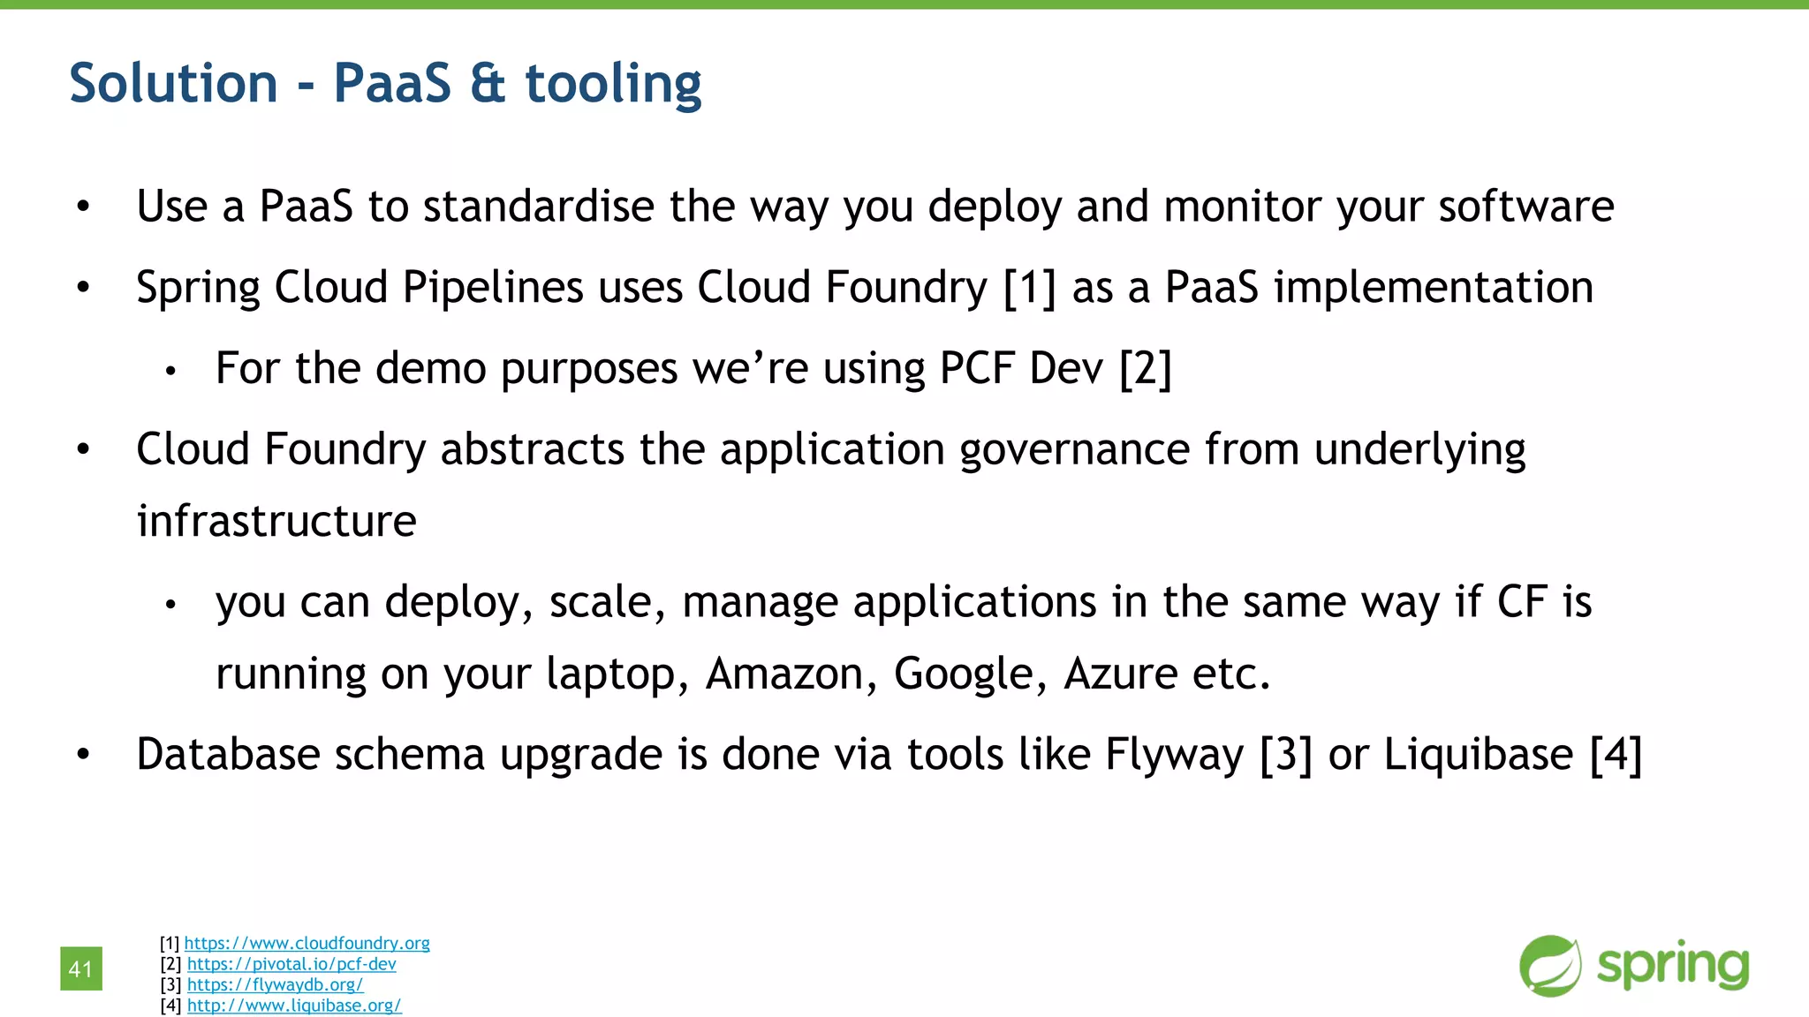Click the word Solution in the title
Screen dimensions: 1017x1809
tap(173, 83)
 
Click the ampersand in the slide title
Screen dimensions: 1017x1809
tap(488, 83)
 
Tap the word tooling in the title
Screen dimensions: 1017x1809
tap(613, 85)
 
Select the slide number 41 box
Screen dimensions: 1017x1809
tap(81, 968)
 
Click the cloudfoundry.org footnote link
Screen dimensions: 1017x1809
tap(307, 943)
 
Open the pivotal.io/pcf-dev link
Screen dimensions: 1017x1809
tap(291, 964)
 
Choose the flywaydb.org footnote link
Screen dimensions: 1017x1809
tap(275, 984)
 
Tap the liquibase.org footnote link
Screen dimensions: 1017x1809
tap(294, 1006)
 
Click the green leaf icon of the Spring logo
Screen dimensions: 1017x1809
tap(1550, 966)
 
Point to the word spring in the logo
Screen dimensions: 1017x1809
tap(1673, 965)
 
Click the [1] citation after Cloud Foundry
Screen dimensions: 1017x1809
tap(1030, 288)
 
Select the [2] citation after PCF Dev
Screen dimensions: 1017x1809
tap(1145, 368)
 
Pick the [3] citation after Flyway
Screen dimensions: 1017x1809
tap(1286, 755)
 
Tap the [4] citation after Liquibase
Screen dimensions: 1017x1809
tap(1616, 755)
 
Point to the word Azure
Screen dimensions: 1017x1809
tap(1120, 674)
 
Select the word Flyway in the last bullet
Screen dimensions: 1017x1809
tap(1174, 756)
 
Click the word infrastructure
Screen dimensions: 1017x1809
tap(276, 521)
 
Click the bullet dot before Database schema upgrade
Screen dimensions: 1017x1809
tap(83, 755)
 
